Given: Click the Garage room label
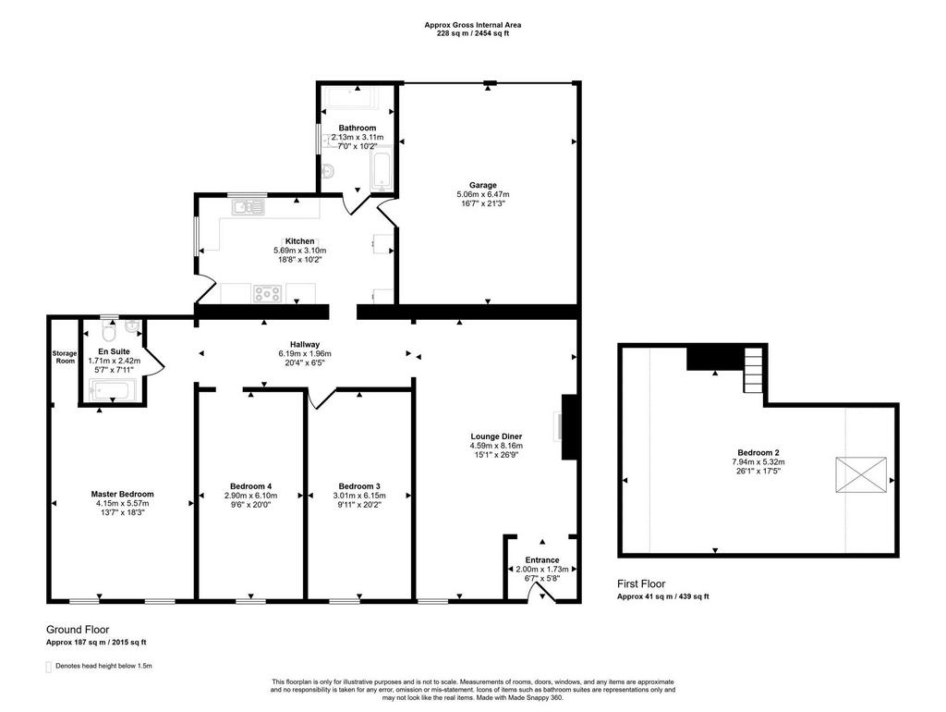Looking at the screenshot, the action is pyautogui.click(x=482, y=185).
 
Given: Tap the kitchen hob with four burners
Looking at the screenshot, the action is pyautogui.click(x=267, y=293).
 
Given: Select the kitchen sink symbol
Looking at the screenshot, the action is pyautogui.click(x=248, y=207).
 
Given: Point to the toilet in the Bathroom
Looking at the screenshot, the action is pyautogui.click(x=329, y=170).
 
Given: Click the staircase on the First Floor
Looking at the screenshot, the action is pyautogui.click(x=753, y=370).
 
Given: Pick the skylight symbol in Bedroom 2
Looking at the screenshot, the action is pyautogui.click(x=861, y=474).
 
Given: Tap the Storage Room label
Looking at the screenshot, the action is pyautogui.click(x=65, y=357).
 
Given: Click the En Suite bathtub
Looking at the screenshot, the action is pyautogui.click(x=114, y=389).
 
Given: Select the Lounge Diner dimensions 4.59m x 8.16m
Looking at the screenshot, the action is pyautogui.click(x=496, y=446).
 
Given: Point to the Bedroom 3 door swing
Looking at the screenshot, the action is pyautogui.click(x=321, y=399).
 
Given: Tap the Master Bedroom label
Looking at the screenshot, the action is pyautogui.click(x=123, y=494).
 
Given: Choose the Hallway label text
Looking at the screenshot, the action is pyautogui.click(x=305, y=344).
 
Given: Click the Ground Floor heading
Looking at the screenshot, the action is pyautogui.click(x=78, y=630).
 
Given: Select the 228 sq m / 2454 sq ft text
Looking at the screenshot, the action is pyautogui.click(x=473, y=34).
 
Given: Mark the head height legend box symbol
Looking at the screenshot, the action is pyautogui.click(x=49, y=667).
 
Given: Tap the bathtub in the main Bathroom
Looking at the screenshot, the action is pyautogui.click(x=382, y=172).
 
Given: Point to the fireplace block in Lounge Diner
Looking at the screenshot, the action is pyautogui.click(x=569, y=427).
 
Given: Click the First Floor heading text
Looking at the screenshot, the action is pyautogui.click(x=641, y=584).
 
